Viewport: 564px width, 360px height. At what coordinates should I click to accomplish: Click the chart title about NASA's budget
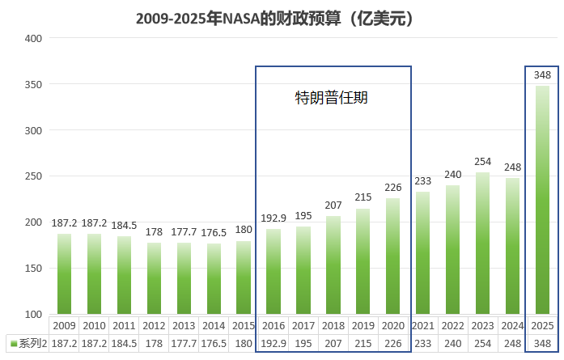click(x=275, y=17)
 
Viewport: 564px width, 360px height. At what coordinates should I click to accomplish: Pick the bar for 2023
click(x=482, y=243)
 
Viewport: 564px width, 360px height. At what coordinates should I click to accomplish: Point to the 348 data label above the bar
click(x=542, y=75)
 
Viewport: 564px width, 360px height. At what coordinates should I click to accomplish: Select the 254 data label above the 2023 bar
click(x=482, y=162)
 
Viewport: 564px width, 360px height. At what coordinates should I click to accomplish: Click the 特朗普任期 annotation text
click(x=332, y=99)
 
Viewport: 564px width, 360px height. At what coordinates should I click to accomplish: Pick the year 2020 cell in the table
click(x=392, y=325)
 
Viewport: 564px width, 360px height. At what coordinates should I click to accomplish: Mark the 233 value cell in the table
click(x=422, y=343)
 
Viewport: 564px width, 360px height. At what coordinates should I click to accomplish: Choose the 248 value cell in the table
click(x=512, y=343)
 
